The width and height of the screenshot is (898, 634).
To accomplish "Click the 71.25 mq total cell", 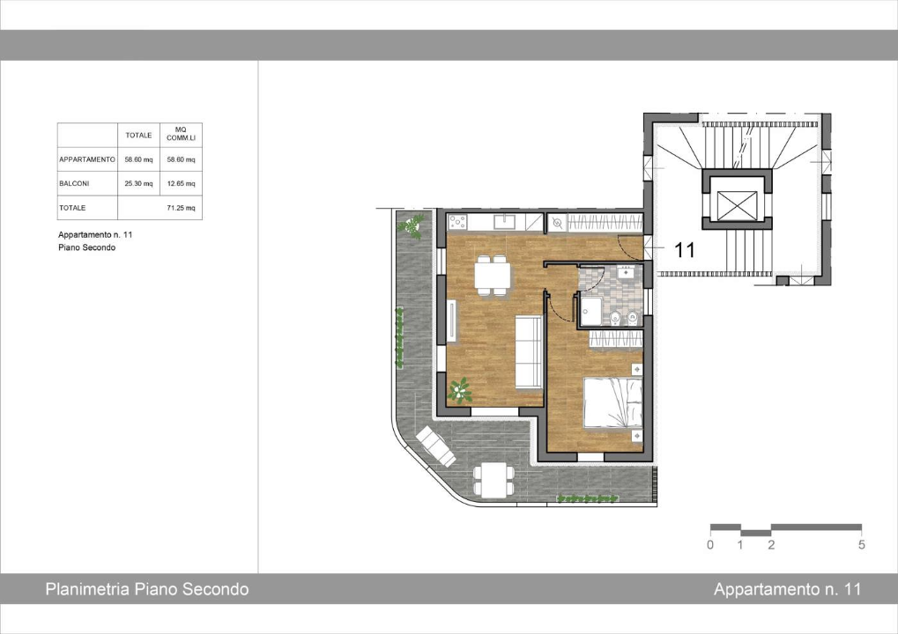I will click(x=181, y=209).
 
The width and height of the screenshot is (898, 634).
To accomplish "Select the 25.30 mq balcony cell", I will click(x=139, y=184).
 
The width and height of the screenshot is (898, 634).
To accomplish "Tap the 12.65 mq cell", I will click(x=181, y=184).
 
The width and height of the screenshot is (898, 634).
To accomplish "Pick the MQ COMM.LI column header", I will click(x=181, y=135).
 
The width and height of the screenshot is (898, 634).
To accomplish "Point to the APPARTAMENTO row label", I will click(x=86, y=159).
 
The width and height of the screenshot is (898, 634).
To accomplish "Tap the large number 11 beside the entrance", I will click(x=685, y=250).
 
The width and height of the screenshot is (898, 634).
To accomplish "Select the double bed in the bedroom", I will click(x=611, y=402).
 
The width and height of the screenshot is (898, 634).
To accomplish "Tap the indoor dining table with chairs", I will click(x=492, y=275).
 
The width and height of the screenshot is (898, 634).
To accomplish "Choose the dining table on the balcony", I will click(x=493, y=479).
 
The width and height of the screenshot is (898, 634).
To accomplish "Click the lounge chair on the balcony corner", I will click(x=435, y=446).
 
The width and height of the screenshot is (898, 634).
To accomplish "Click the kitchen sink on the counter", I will click(x=505, y=221).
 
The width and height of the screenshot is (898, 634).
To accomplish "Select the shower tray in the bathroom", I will click(x=591, y=311).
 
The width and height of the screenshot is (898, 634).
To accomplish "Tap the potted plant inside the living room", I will click(x=459, y=389).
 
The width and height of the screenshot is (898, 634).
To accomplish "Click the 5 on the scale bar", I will click(x=861, y=545).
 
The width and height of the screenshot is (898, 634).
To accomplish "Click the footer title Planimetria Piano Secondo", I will click(x=146, y=589).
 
